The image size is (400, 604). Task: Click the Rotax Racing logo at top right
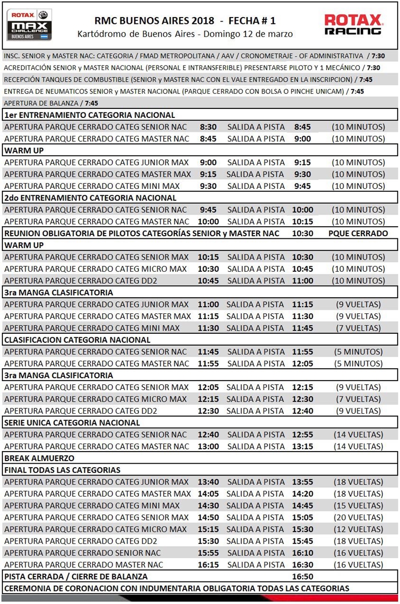pos(353,24)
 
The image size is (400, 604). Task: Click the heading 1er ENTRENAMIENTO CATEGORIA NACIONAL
pos(89,115)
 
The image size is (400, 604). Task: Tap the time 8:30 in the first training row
pos(208,127)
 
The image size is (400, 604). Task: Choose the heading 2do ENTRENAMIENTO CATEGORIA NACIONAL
pos(90,197)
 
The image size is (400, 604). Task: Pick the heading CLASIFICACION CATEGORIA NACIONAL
pos(77,340)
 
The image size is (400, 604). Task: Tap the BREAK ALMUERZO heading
pos(39,458)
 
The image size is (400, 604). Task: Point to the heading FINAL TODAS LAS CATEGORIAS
pos(62,470)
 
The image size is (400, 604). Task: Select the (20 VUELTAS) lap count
pos(358,517)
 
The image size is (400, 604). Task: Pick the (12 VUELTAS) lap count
pos(358,529)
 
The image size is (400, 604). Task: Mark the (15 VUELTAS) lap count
pos(358,505)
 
